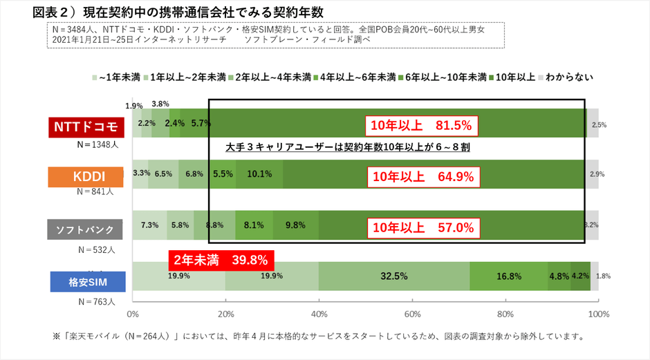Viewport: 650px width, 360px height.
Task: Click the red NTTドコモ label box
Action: (85, 128)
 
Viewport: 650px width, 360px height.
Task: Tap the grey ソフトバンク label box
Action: (85, 229)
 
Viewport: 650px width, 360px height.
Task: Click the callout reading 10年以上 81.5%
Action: (422, 126)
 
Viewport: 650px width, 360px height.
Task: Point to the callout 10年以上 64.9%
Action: (422, 176)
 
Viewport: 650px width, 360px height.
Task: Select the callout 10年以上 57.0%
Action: (422, 227)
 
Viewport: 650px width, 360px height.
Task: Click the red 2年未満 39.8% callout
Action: (221, 260)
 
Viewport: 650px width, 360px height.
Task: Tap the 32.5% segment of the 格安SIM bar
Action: (393, 276)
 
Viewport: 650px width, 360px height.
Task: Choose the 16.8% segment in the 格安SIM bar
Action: (508, 276)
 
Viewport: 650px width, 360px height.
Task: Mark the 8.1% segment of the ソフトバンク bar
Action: (254, 225)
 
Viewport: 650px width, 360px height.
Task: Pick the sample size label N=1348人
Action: (99, 146)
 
